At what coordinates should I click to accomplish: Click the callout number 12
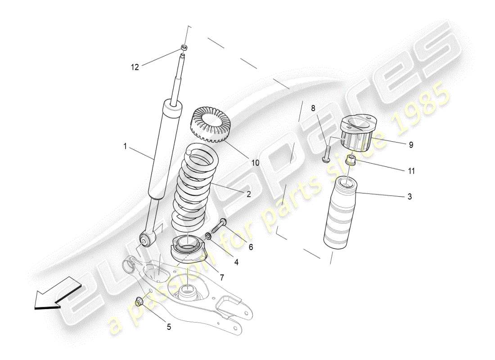pos(135,67)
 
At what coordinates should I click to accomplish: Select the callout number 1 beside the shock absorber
pos(126,146)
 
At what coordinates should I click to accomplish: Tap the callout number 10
pos(255,163)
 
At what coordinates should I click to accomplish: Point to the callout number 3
pos(409,196)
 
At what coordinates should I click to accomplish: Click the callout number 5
pos(169,327)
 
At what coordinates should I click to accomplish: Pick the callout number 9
pos(411,145)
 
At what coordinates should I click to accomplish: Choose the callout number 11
pos(411,171)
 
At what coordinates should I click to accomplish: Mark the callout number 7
pos(222,278)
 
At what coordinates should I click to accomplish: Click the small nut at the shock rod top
pos(184,48)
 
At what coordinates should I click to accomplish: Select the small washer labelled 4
pos(209,236)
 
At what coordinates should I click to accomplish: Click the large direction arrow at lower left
pos(56,295)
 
